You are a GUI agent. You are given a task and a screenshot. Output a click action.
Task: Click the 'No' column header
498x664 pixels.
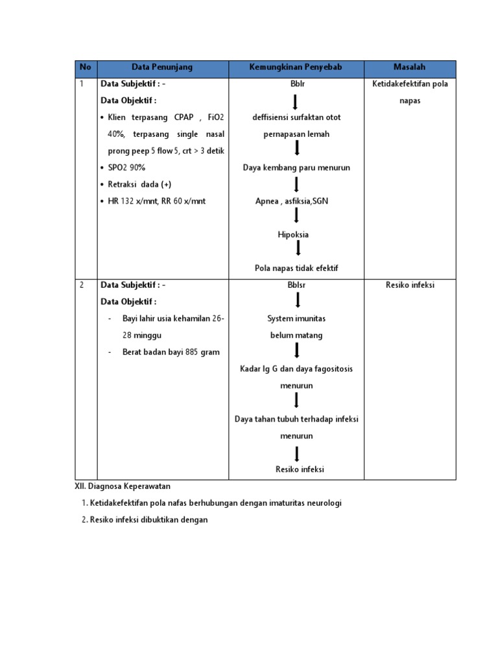pos(86,67)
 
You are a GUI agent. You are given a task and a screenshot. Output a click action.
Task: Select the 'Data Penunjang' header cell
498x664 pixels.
pos(162,67)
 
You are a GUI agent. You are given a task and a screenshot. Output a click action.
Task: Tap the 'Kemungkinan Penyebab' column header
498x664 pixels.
pos(296,67)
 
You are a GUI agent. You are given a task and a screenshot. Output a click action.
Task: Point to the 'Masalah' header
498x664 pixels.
pos(410,67)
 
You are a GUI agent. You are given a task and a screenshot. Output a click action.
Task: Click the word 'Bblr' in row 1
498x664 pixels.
pos(296,84)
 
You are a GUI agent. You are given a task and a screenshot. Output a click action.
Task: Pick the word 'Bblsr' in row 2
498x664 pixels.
pos(296,285)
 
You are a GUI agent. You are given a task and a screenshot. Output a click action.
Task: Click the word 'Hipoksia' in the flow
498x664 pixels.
pos(296,235)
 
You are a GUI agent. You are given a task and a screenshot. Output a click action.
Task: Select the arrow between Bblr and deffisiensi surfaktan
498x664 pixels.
pos(296,101)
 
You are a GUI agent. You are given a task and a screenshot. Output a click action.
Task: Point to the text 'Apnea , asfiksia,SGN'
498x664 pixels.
pos(292,201)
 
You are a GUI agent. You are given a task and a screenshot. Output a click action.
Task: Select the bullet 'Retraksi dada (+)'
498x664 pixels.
pos(140,184)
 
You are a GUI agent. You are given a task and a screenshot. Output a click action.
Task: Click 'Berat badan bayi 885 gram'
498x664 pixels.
pos(171,352)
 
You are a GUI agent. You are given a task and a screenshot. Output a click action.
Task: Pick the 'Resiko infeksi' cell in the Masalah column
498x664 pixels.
pos(410,285)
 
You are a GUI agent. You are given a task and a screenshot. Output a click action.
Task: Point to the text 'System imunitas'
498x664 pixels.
pos(296,319)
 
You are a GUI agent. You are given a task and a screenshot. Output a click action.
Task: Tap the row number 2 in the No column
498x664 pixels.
pos(82,285)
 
